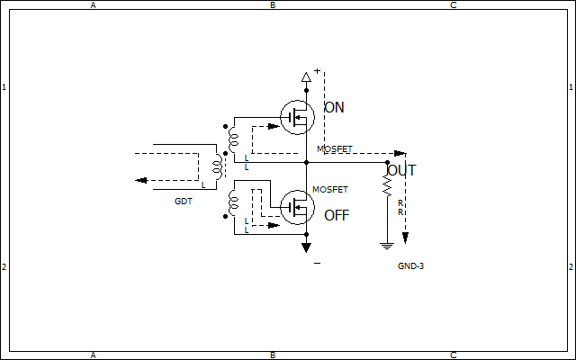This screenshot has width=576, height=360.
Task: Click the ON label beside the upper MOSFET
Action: pos(334,108)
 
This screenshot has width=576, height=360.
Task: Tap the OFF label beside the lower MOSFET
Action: pos(337,216)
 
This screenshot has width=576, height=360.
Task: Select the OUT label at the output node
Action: pos(401,170)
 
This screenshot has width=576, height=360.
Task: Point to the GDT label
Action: pos(184,202)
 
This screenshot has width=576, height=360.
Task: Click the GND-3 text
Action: pos(410,266)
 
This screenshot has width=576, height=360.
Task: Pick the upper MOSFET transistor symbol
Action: pos(297,118)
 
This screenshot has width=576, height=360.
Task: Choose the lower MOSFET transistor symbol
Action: pos(297,207)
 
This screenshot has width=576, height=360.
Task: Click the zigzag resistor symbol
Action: pos(387,185)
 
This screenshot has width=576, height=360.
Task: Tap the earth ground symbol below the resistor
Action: pos(387,246)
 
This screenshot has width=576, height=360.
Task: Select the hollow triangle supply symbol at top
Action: pos(306,77)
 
